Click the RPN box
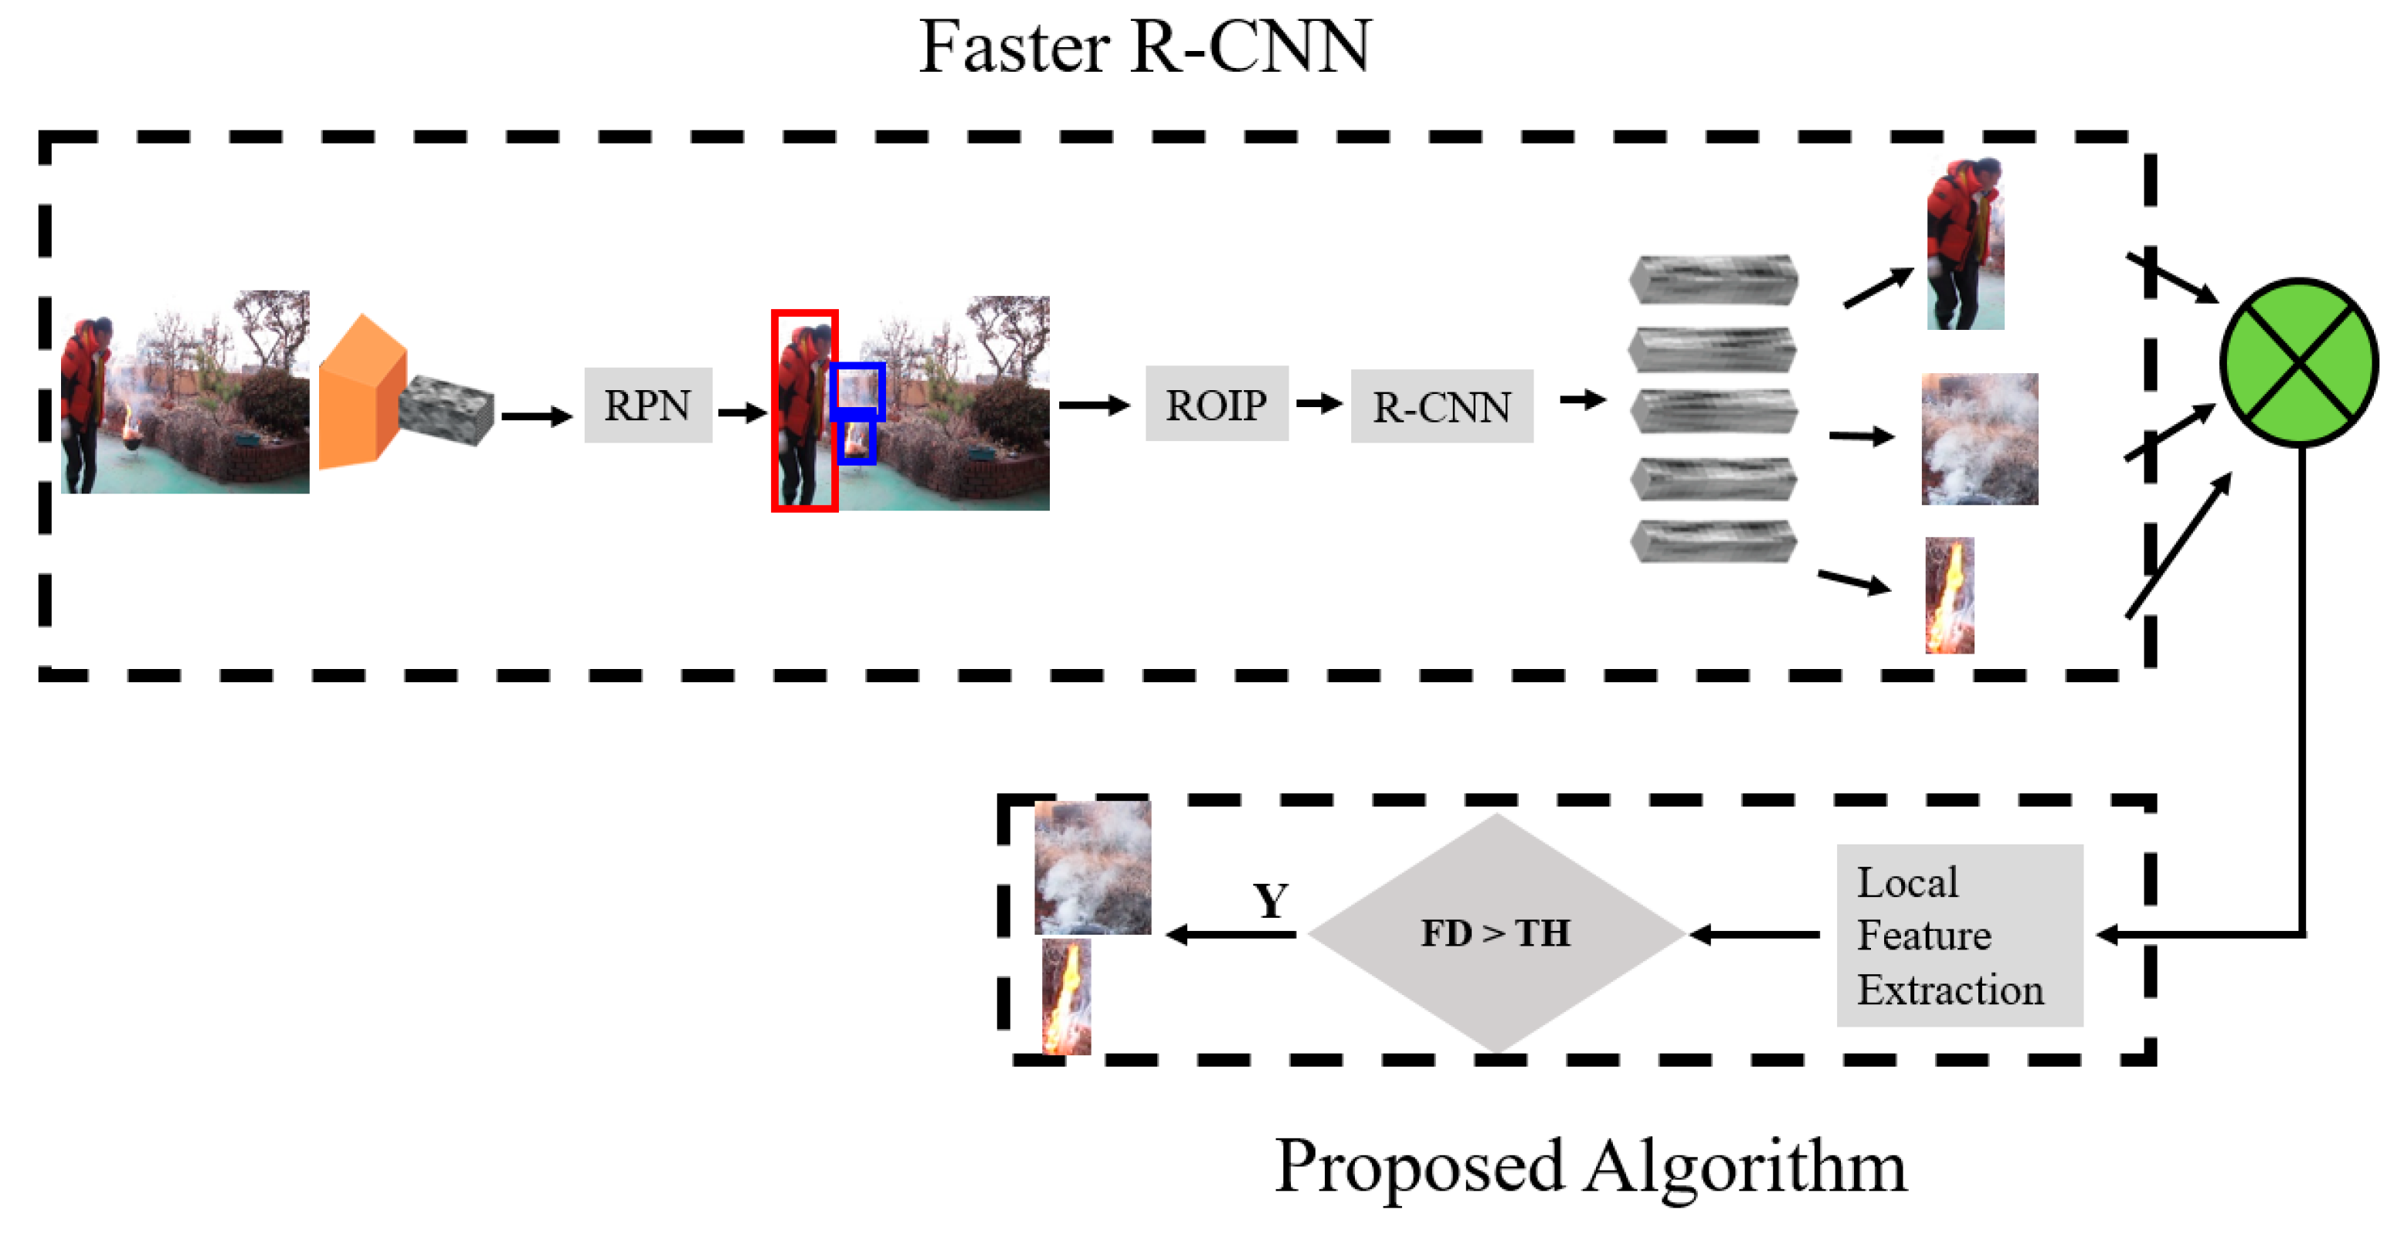tap(647, 405)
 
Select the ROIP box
tap(1216, 404)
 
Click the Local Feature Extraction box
tap(1959, 935)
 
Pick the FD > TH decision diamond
tap(1496, 933)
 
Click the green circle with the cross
tap(2298, 362)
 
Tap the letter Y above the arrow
tap(1270, 901)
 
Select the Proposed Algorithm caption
tap(1591, 1166)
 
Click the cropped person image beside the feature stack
tap(1964, 244)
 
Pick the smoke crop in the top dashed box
tap(1978, 439)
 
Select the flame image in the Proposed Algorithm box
tap(1066, 997)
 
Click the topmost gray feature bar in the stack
tap(1713, 279)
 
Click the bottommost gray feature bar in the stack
tap(1713, 542)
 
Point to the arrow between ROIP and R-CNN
tap(1319, 403)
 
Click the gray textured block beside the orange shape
tap(446, 411)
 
